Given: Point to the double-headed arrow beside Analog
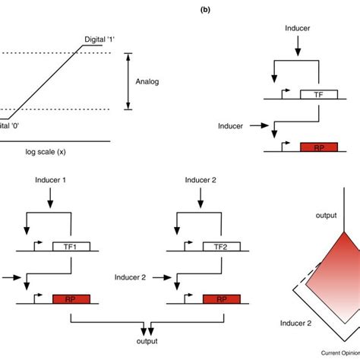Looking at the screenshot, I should click(128, 81).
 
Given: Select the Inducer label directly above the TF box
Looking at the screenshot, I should click(297, 29).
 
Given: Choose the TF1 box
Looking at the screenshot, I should click(71, 247).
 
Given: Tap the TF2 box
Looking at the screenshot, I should click(219, 247).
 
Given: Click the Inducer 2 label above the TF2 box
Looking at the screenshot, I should click(201, 180).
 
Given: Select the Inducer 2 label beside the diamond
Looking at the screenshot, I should click(297, 322).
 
